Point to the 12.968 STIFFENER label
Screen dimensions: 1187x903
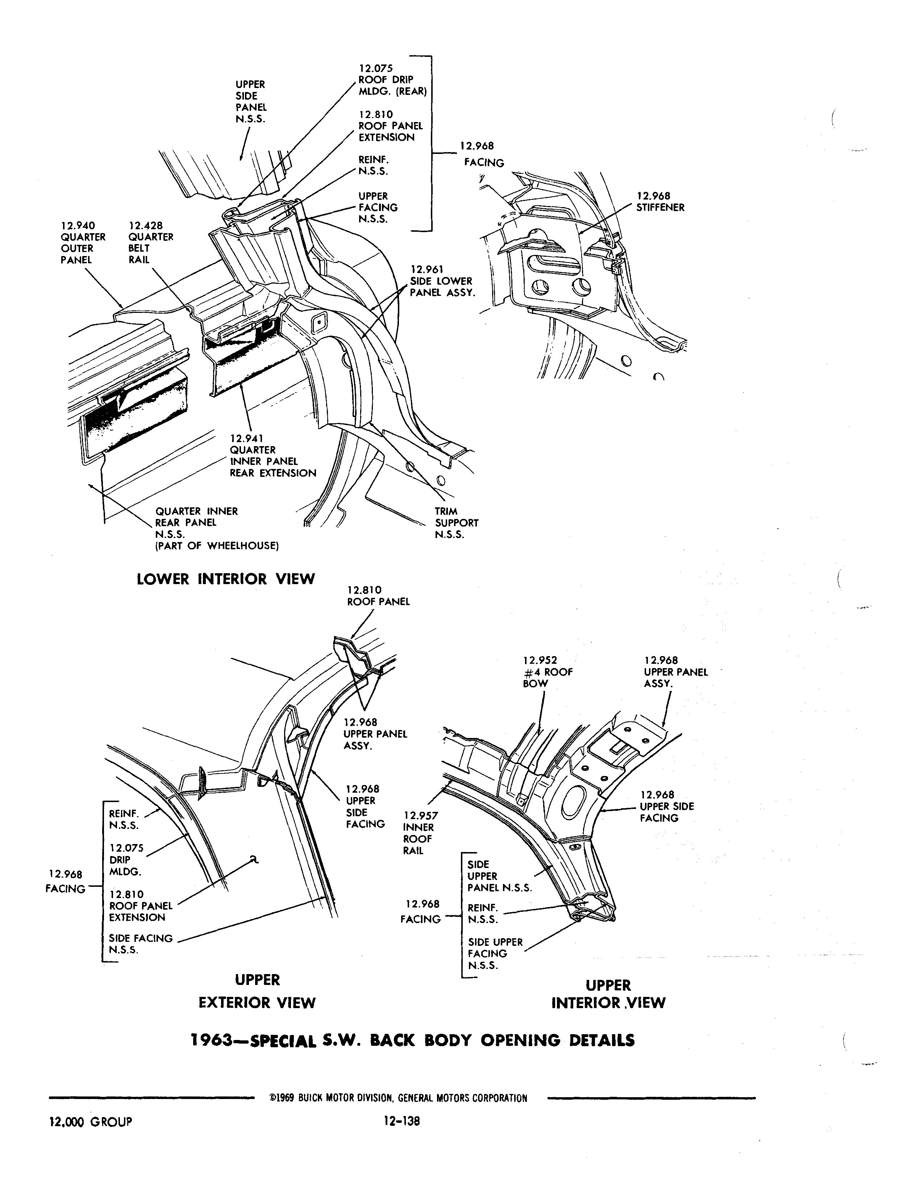[x=660, y=202]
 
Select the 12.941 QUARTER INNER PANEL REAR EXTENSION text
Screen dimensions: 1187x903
[x=272, y=456]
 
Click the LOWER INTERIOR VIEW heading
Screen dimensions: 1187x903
[x=226, y=579]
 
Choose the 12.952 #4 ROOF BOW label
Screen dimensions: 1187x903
[x=547, y=672]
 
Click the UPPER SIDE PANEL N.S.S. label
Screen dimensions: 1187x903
[x=250, y=101]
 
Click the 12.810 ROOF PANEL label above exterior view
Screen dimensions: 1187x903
[x=378, y=596]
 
